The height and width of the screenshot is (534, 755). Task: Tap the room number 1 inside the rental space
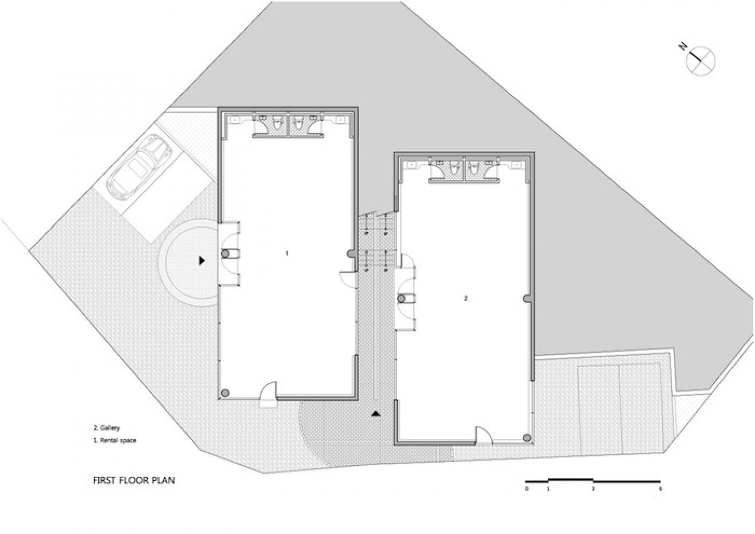[287, 253]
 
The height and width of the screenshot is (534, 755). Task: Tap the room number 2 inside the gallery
[466, 298]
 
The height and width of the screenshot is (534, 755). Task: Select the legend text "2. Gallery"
[106, 428]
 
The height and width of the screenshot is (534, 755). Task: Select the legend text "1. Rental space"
[114, 441]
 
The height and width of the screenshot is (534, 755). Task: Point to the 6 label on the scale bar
[660, 489]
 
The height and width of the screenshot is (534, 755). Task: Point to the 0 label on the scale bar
[526, 489]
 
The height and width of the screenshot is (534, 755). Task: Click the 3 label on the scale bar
[593, 489]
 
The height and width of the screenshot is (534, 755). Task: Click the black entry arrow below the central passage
[375, 414]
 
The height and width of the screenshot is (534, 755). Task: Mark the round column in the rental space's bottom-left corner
[225, 393]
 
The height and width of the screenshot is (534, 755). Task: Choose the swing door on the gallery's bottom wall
[483, 436]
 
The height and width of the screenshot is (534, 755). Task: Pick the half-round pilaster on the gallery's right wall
[526, 298]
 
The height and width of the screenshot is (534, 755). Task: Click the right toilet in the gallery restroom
[474, 169]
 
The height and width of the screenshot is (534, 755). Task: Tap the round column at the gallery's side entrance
[402, 298]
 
